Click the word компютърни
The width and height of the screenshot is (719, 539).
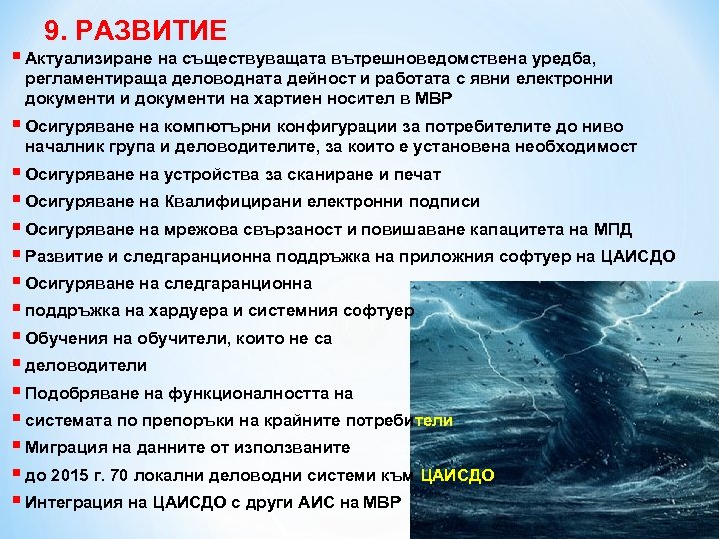click(x=212, y=127)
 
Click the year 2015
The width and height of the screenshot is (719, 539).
click(x=70, y=475)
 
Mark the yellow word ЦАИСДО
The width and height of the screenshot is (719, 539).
click(x=458, y=475)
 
